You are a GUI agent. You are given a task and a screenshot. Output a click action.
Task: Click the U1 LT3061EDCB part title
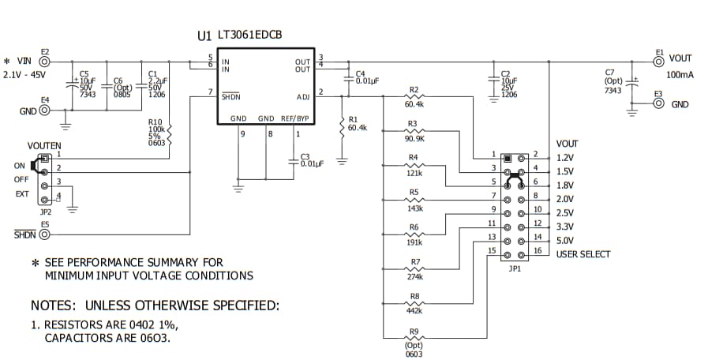240,36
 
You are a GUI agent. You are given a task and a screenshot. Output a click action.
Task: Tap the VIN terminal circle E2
45,61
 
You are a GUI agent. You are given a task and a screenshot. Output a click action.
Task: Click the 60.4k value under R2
414,104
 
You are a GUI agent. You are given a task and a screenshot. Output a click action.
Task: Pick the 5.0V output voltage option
565,241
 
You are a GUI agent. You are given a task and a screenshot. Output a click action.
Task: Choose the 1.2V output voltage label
565,158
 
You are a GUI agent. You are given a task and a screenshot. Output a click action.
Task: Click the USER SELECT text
583,254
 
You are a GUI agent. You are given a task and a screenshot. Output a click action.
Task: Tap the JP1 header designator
514,268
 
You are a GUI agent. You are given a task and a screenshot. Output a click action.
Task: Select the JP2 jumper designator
45,212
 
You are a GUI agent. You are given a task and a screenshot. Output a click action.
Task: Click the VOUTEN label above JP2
44,146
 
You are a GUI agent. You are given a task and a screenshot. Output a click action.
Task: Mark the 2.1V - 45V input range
26,75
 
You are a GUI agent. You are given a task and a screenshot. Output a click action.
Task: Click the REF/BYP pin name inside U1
294,118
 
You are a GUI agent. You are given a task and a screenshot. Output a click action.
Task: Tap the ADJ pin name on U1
303,97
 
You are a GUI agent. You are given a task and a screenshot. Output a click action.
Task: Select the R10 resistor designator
155,122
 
